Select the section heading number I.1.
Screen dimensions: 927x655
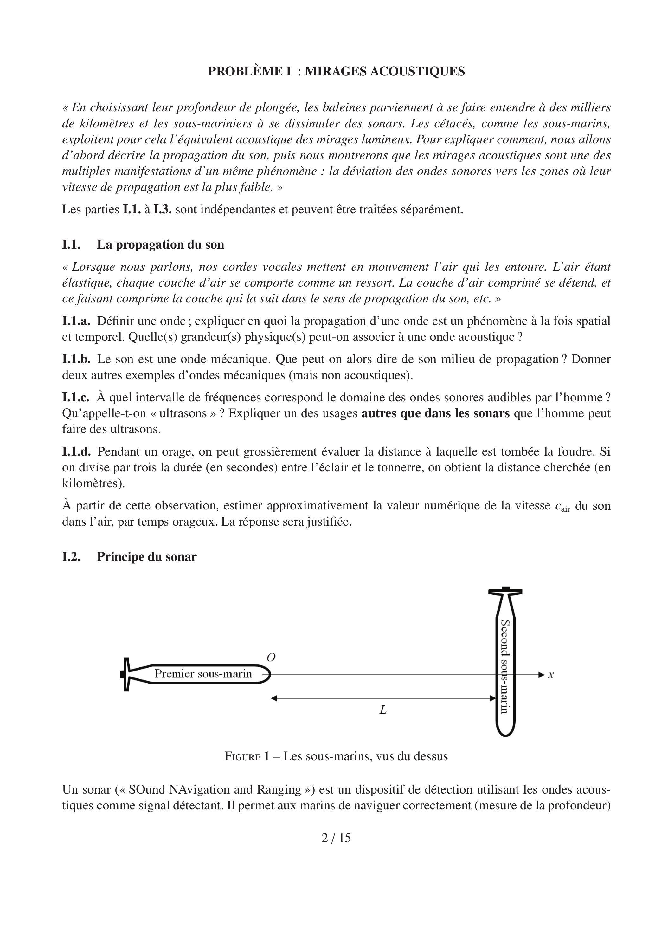pyautogui.click(x=71, y=245)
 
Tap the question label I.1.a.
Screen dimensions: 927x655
pyautogui.click(x=76, y=321)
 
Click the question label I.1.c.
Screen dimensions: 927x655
pyautogui.click(x=76, y=398)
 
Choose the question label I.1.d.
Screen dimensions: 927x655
pyautogui.click(x=76, y=451)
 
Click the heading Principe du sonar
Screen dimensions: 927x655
pyautogui.click(x=146, y=557)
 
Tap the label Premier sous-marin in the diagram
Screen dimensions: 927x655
pyautogui.click(x=203, y=674)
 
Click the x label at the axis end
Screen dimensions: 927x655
pyautogui.click(x=551, y=675)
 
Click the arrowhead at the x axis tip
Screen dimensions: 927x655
pyautogui.click(x=542, y=675)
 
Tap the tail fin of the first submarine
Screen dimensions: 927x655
pyautogui.click(x=126, y=674)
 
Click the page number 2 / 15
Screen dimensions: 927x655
pyautogui.click(x=336, y=838)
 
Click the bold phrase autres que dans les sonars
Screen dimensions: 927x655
pyautogui.click(x=435, y=413)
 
